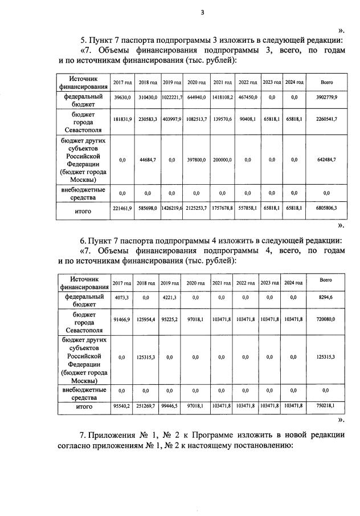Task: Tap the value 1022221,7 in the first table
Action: coord(171,98)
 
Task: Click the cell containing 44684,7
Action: coord(146,160)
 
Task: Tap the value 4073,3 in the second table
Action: coord(122,298)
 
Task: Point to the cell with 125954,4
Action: coord(146,321)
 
